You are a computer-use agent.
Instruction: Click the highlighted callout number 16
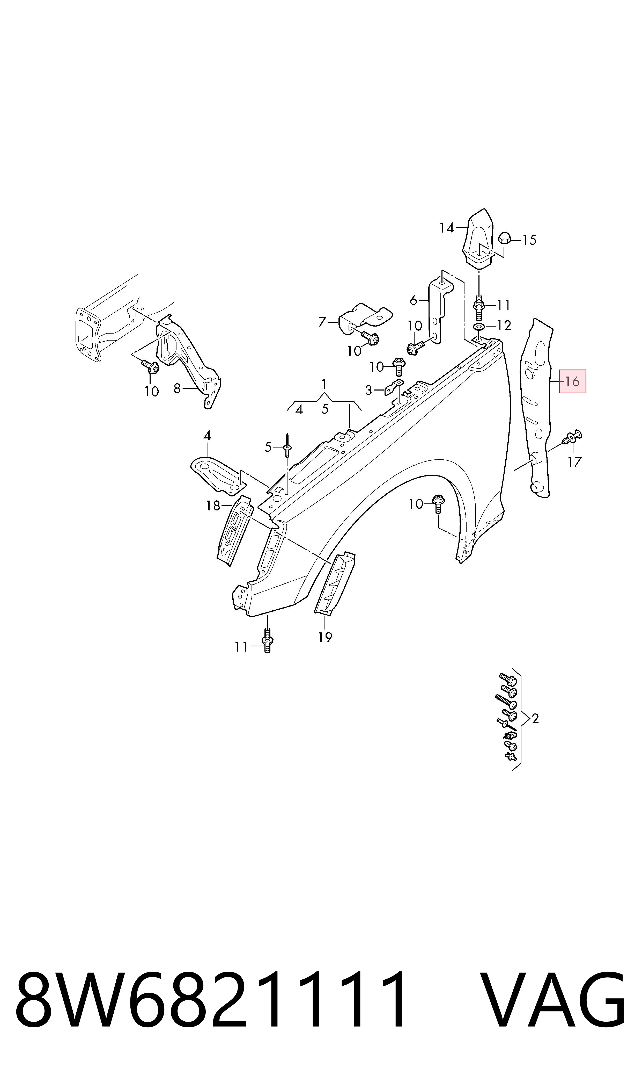pos(572,381)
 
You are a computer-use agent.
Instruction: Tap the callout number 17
pos(574,462)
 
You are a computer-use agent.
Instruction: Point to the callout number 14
pos(447,228)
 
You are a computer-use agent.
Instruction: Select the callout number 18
pos(213,506)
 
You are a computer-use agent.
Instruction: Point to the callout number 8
pos(177,389)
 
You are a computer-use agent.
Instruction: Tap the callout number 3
pos(368,391)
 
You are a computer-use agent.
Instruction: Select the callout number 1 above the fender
pos(324,384)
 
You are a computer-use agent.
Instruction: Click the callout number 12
pos(504,326)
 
